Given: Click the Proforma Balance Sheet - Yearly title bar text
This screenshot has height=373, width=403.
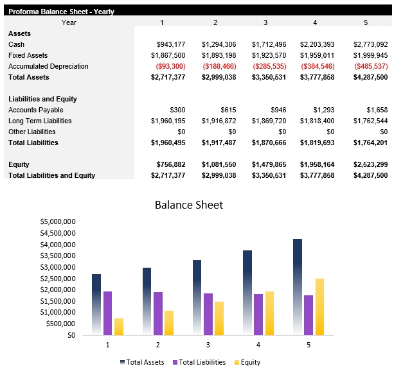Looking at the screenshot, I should [x=61, y=12].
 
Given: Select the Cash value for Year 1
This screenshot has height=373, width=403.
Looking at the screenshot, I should [x=171, y=44].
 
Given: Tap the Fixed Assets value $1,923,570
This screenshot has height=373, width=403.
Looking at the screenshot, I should [x=269, y=55].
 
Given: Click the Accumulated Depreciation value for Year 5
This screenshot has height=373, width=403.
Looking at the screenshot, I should [x=371, y=66].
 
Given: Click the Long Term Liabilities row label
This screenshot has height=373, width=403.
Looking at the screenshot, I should [x=40, y=121].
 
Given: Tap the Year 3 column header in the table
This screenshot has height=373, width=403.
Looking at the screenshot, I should [x=265, y=22].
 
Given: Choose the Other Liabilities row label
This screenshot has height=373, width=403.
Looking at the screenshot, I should [x=31, y=132].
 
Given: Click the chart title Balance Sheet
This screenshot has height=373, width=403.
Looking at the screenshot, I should [x=189, y=205].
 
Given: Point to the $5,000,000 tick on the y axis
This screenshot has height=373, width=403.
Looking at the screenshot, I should [x=58, y=221].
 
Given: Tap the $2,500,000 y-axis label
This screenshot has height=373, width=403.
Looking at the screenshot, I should [x=58, y=278].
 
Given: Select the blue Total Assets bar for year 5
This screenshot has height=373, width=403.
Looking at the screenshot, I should [x=298, y=286].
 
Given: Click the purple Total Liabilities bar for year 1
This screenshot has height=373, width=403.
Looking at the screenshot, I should [x=108, y=313].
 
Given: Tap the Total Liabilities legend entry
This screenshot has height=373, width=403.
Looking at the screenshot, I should [x=199, y=362].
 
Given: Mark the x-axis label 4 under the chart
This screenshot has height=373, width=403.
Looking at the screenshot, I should [x=258, y=345].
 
